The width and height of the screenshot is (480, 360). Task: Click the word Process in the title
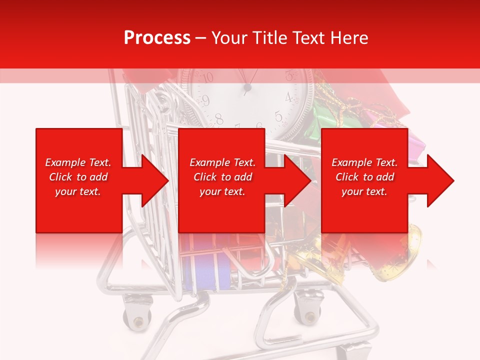(157, 38)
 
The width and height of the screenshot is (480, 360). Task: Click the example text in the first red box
(78, 177)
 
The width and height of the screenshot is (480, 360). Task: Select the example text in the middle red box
(222, 177)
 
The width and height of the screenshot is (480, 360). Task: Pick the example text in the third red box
(364, 177)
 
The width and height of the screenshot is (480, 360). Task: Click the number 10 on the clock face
(207, 77)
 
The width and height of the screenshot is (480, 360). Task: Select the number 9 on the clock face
(205, 99)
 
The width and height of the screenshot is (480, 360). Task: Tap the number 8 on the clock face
(219, 119)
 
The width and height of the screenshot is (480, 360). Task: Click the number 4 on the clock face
(288, 97)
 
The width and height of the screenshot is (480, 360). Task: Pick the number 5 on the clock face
(278, 117)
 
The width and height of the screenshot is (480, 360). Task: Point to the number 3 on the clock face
(289, 76)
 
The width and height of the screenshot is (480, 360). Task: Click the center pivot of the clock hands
(247, 88)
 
